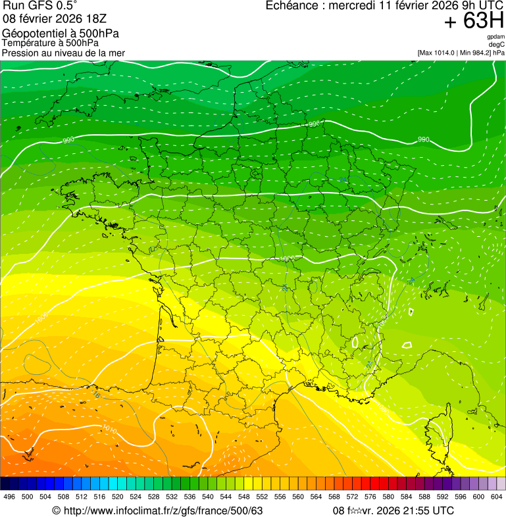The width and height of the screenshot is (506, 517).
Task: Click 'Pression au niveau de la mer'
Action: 63,53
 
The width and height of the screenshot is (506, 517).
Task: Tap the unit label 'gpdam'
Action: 495,37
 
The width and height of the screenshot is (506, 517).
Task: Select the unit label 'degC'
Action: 497,45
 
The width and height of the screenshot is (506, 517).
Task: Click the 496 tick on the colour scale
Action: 9,497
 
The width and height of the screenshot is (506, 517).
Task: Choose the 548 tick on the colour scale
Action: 244,497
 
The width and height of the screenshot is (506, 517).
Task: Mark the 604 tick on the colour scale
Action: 497,497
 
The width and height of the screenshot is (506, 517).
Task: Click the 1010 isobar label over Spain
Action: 110,430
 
